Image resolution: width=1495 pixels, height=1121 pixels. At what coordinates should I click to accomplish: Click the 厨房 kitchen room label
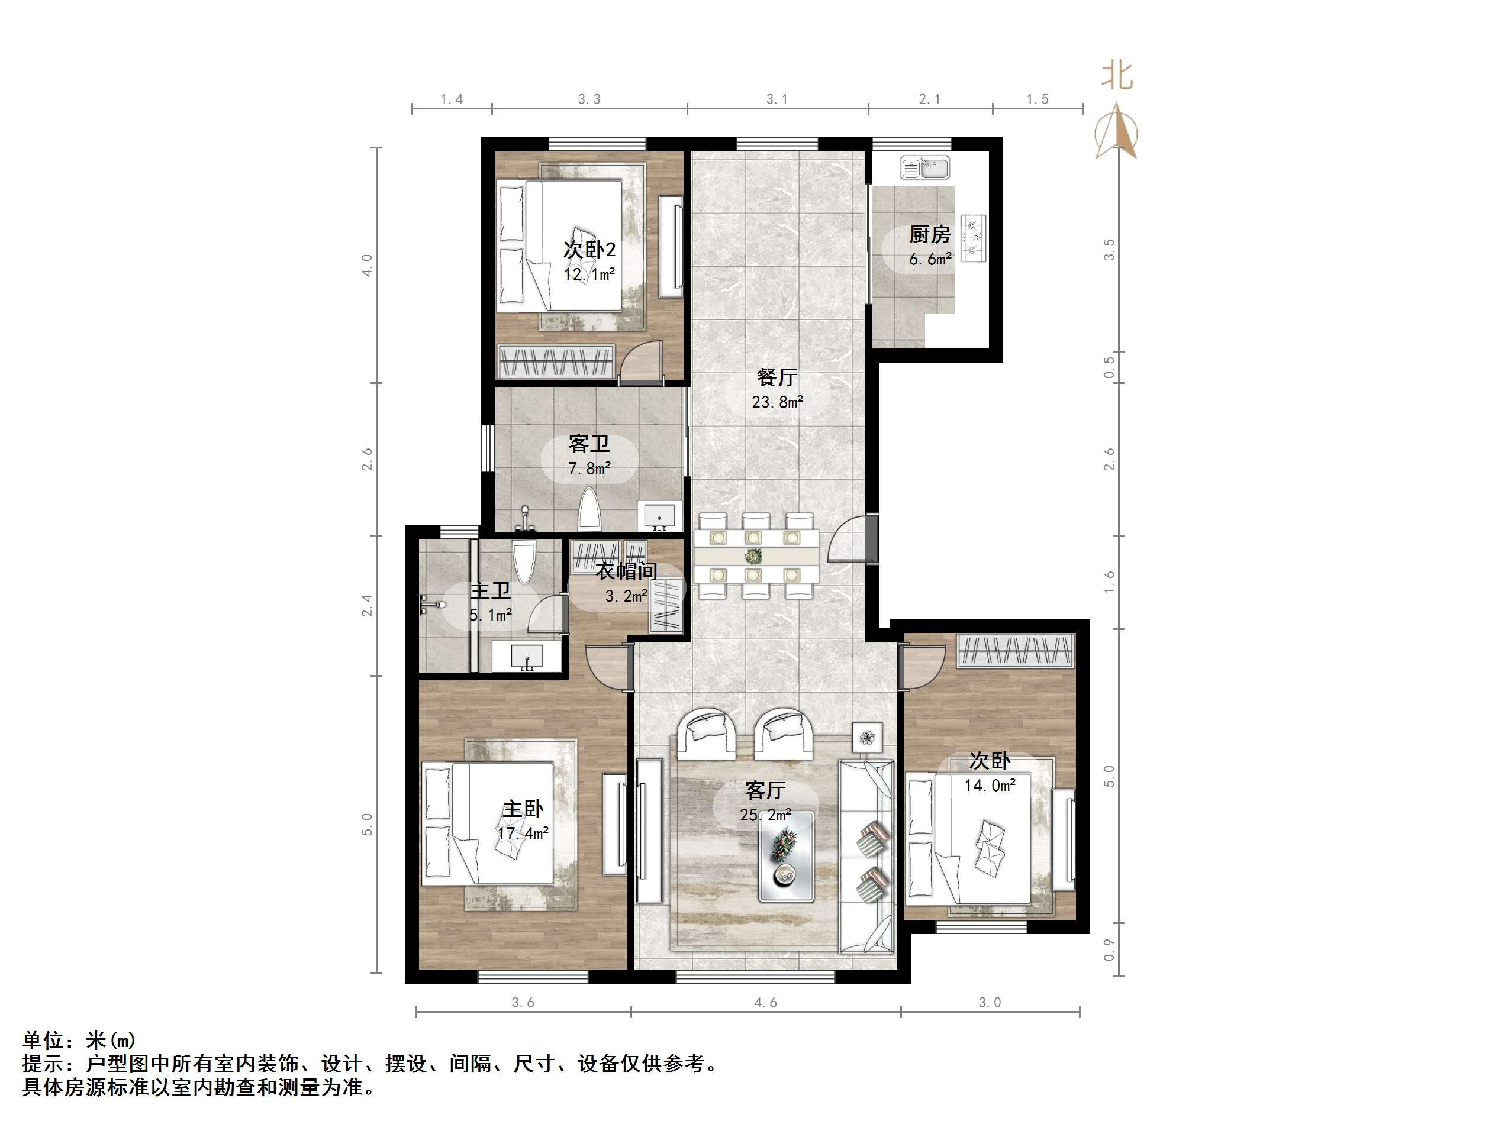(x=929, y=234)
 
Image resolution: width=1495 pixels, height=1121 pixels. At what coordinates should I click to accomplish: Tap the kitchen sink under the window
(x=924, y=167)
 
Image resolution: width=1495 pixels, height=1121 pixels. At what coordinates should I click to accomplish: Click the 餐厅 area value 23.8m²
(x=777, y=402)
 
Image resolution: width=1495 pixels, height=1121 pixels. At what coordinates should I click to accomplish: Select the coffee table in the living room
(x=785, y=856)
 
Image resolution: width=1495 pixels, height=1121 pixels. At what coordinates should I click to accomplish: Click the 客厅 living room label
(x=765, y=790)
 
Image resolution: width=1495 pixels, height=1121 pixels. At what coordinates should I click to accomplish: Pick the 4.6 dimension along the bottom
(x=765, y=1002)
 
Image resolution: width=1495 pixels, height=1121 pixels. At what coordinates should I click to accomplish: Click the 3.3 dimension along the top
(x=589, y=99)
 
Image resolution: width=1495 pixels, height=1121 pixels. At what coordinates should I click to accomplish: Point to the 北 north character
(x=1117, y=76)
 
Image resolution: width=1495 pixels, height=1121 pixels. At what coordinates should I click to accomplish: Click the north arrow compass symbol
(x=1117, y=132)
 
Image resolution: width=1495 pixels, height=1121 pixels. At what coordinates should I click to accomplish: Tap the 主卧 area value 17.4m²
(x=523, y=833)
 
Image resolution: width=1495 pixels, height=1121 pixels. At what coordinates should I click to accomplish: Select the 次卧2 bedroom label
(x=589, y=249)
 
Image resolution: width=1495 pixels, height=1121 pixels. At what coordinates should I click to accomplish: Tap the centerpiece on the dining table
(x=752, y=555)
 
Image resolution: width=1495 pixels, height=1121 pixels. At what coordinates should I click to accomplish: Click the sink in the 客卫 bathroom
(x=659, y=516)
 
